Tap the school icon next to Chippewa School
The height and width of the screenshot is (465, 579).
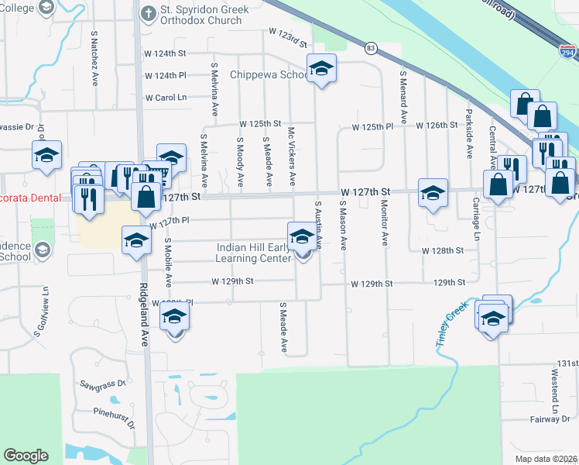click(321, 70)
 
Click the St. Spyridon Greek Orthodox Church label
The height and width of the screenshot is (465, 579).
click(201, 15)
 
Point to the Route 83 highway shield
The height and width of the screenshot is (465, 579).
click(372, 48)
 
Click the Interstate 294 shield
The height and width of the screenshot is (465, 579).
click(567, 53)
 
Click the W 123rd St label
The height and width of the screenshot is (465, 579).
click(288, 32)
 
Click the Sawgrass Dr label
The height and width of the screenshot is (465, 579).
click(102, 384)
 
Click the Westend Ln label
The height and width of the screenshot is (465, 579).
click(555, 391)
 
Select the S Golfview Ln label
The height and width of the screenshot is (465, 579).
click(41, 312)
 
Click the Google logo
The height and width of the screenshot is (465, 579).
click(26, 455)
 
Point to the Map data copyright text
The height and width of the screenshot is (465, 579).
click(546, 459)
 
